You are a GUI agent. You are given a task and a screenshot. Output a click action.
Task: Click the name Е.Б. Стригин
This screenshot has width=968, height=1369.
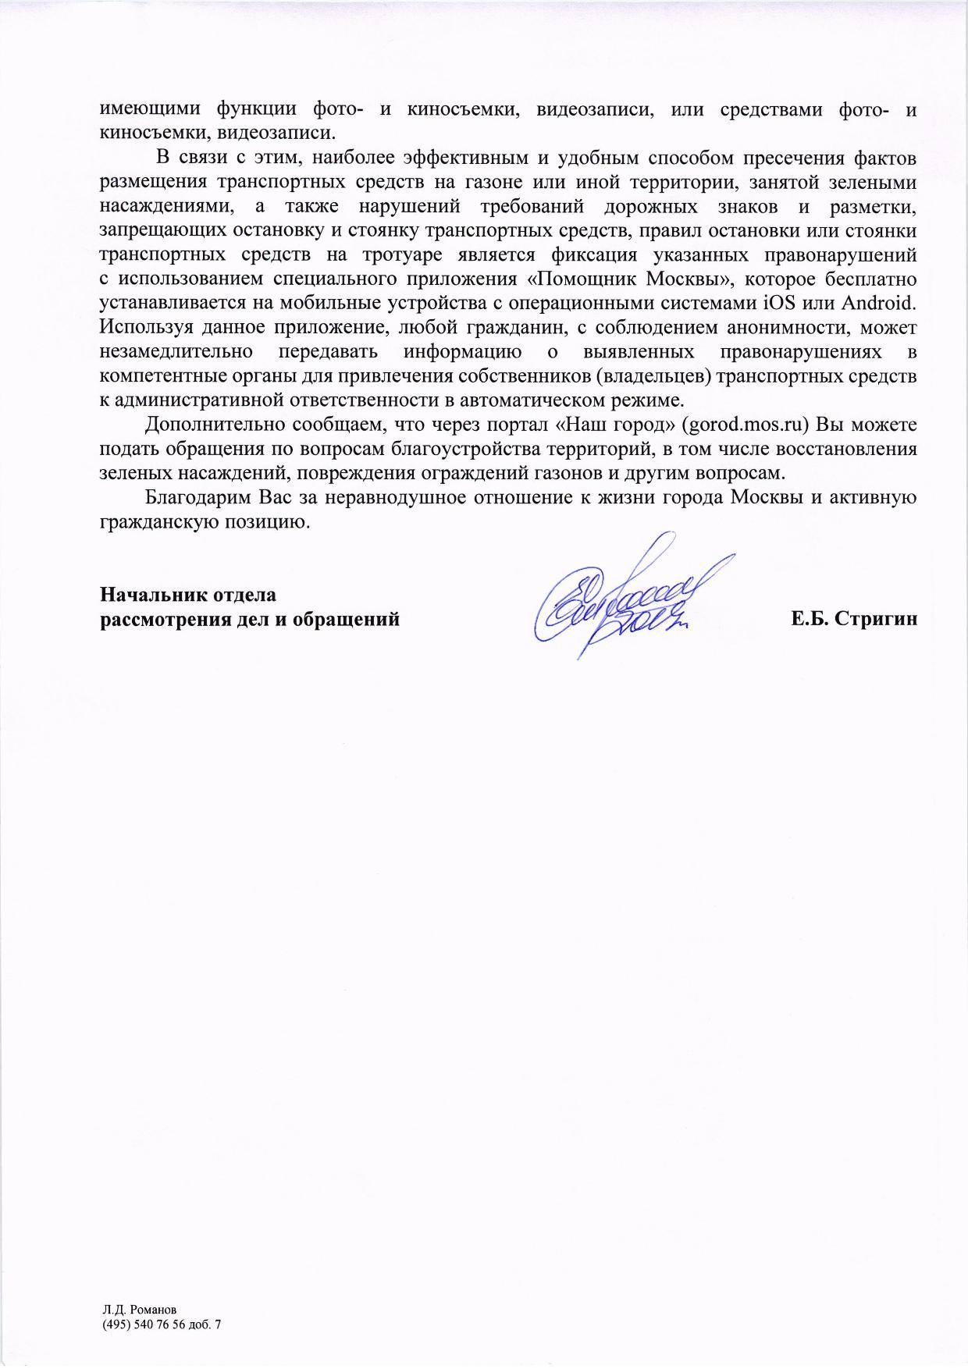853,620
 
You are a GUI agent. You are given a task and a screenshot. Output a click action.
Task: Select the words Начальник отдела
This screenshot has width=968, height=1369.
188,595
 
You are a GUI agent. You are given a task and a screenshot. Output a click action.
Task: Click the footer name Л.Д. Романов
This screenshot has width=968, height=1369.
140,1309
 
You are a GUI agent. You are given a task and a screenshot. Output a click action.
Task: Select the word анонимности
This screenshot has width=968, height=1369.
782,327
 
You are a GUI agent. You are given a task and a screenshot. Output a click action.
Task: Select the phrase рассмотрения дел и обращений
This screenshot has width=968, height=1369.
250,620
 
